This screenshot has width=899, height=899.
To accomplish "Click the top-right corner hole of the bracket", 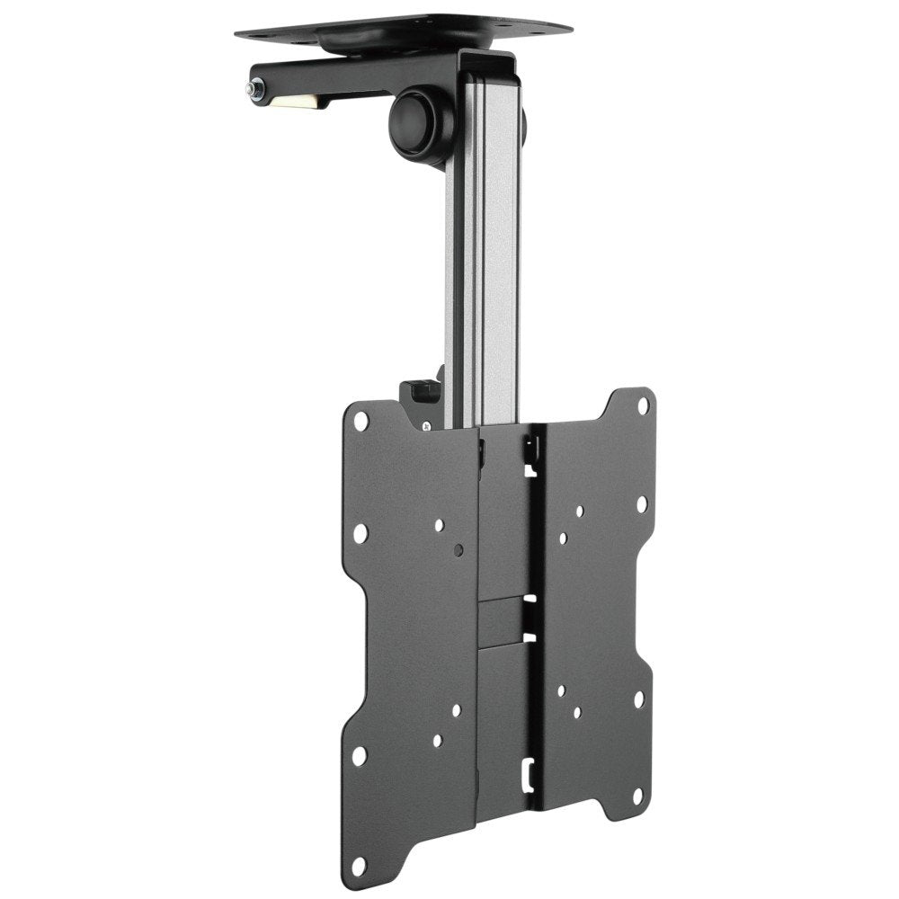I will (643, 405).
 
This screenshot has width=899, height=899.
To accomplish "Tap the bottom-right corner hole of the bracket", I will (638, 794).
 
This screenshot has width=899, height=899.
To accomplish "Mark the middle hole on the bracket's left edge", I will (360, 533).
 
